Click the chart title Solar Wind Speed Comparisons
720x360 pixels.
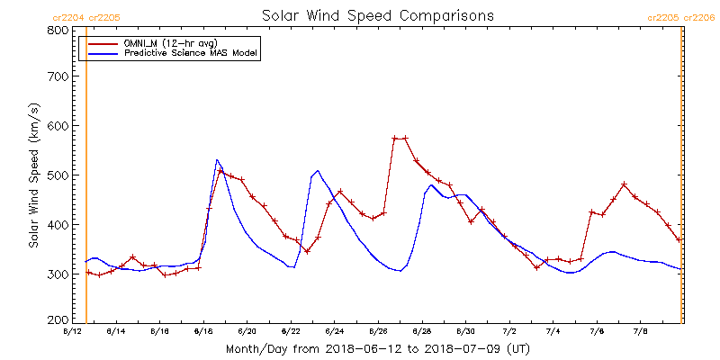[378, 16]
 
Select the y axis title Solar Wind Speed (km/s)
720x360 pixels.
[34, 175]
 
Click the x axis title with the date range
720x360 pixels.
[378, 348]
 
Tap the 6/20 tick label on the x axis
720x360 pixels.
[247, 332]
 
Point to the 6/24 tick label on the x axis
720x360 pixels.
[334, 332]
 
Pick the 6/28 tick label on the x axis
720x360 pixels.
[421, 332]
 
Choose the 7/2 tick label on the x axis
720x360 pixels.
[509, 332]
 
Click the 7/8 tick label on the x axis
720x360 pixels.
[641, 332]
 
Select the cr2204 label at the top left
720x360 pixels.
[68, 16]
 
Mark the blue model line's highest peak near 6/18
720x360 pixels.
[217, 160]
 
